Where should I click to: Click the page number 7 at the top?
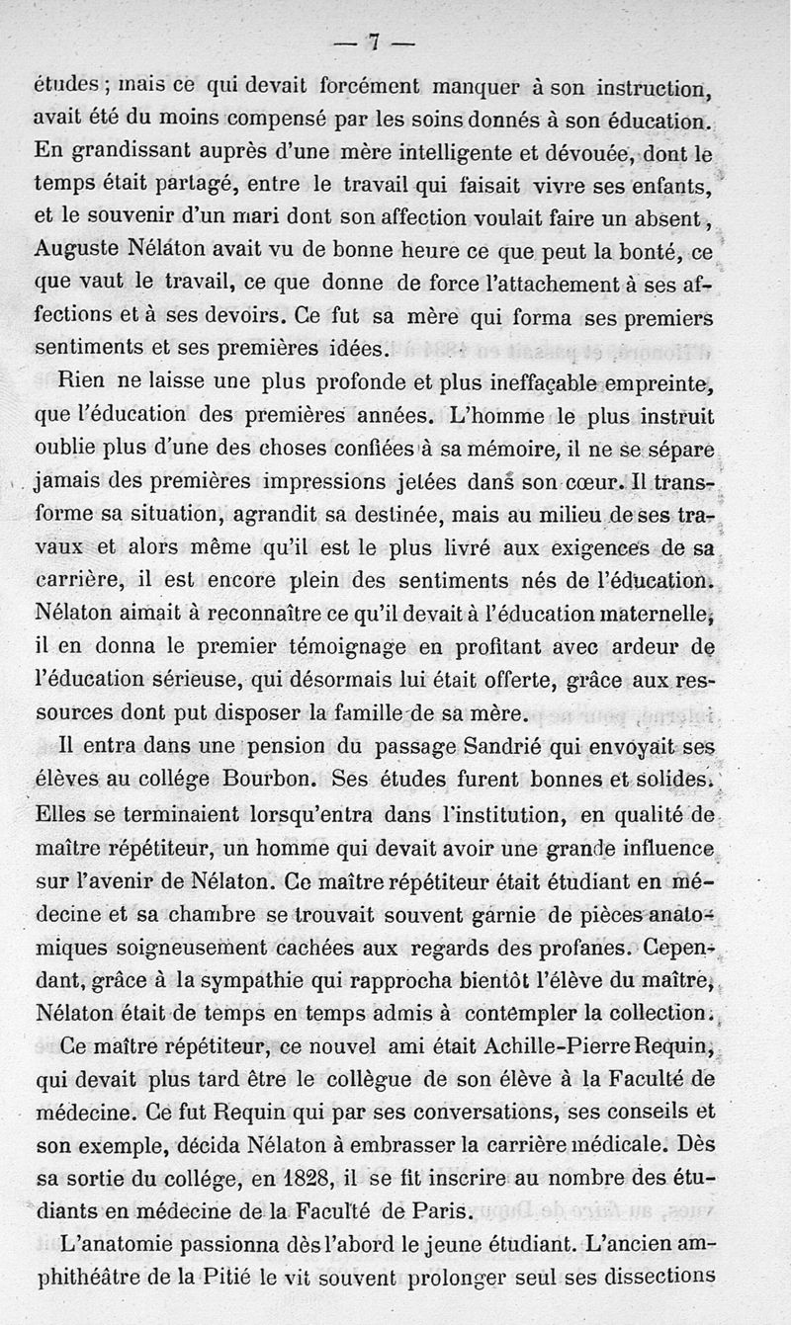[373, 42]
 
